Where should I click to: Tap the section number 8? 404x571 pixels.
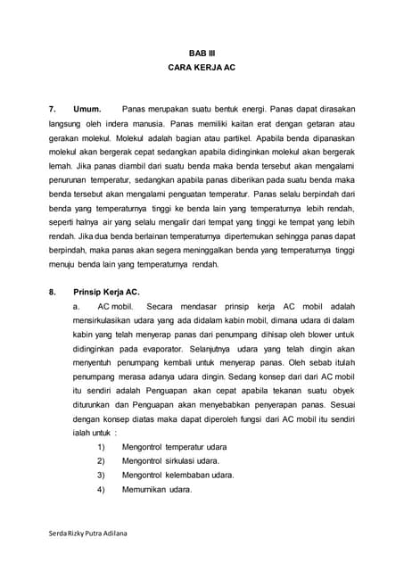pos(53,291)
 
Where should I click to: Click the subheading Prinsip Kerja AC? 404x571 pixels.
pos(107,291)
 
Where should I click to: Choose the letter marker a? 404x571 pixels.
pos(78,306)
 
